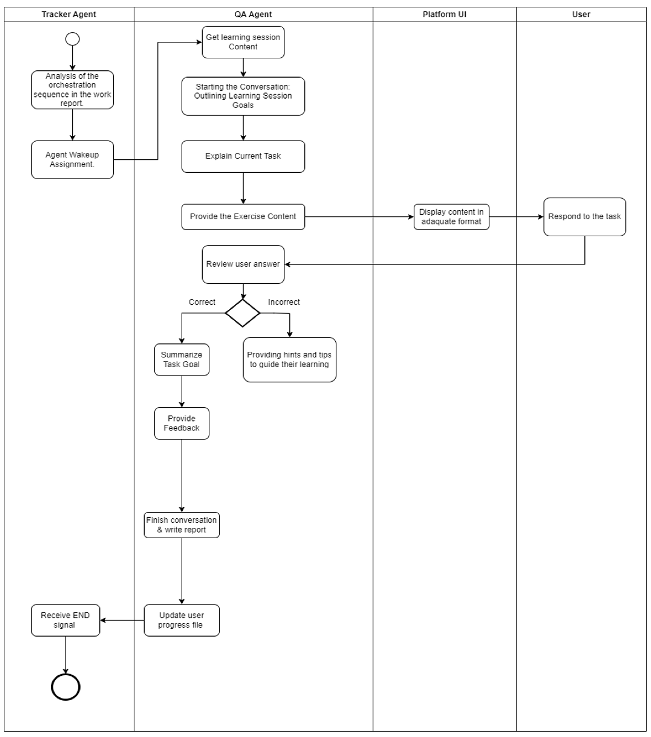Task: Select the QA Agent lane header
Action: coord(253,14)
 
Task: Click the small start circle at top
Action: coord(72,39)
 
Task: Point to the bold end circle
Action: coord(66,687)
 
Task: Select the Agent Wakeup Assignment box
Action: coord(72,159)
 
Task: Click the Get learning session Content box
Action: coord(243,42)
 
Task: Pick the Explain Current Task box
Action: coord(243,156)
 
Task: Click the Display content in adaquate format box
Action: coord(451,217)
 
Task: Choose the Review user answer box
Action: coord(243,264)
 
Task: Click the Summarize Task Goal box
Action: coord(182,359)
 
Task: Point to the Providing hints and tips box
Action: coord(289,359)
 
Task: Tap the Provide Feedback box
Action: coord(182,423)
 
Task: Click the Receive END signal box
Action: coord(66,620)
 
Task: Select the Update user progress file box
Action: coord(182,620)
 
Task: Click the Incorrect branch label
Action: coord(284,302)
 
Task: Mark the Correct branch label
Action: coord(202,302)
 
